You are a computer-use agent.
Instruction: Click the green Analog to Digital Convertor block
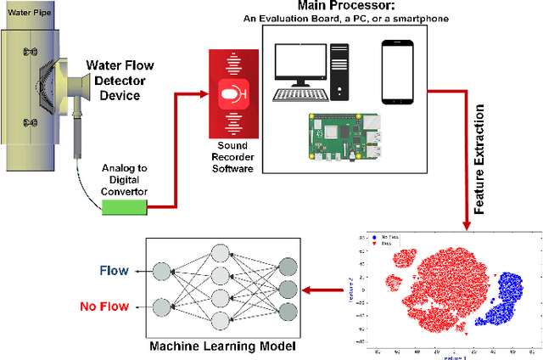pos(123,206)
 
